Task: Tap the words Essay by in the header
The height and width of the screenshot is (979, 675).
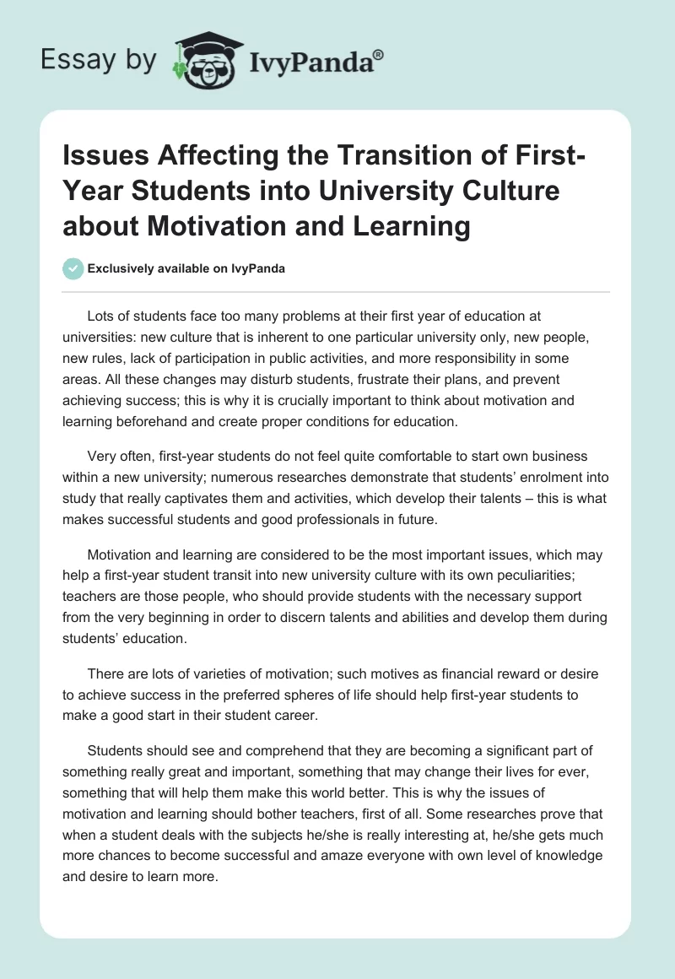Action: click(98, 60)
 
